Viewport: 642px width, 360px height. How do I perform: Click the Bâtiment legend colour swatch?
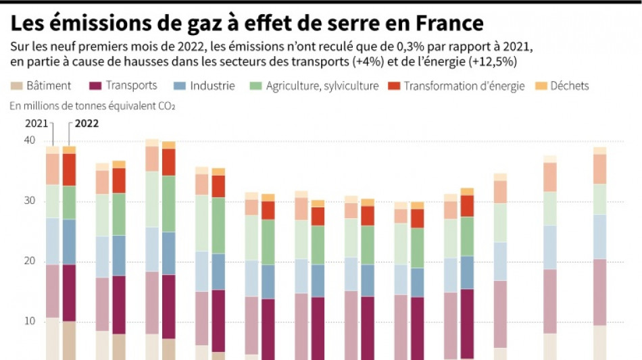(x=16, y=86)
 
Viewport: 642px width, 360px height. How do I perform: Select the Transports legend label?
(x=131, y=86)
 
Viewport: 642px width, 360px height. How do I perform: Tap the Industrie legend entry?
(x=212, y=86)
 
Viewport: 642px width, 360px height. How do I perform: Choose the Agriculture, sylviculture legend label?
(x=322, y=86)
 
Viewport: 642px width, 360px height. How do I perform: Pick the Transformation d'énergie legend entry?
(x=464, y=86)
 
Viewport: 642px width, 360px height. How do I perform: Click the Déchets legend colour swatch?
(x=541, y=86)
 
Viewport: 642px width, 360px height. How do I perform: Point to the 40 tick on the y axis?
(x=29, y=140)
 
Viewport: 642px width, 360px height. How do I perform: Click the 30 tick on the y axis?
(x=29, y=201)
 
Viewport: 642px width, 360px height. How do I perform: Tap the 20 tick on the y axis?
(x=29, y=261)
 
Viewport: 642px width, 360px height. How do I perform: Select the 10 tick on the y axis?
(x=29, y=322)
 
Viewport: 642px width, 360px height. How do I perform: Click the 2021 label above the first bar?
(x=36, y=124)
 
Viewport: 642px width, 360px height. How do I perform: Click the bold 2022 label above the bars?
(x=86, y=124)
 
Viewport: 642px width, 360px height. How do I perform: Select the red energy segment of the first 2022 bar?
(x=69, y=170)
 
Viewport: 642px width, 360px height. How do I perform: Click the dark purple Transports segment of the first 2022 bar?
(x=69, y=292)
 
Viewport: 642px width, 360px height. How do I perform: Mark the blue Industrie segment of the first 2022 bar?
(x=69, y=242)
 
